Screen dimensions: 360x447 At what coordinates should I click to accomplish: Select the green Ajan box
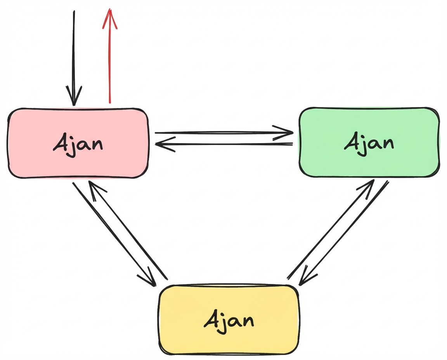[x=369, y=143]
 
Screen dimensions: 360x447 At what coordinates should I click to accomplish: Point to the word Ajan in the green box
[x=369, y=143]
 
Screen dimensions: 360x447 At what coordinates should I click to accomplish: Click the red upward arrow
[x=110, y=58]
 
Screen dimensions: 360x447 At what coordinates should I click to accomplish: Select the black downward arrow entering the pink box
[x=73, y=58]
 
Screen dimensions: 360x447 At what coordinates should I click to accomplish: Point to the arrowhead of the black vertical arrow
[x=73, y=97]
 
